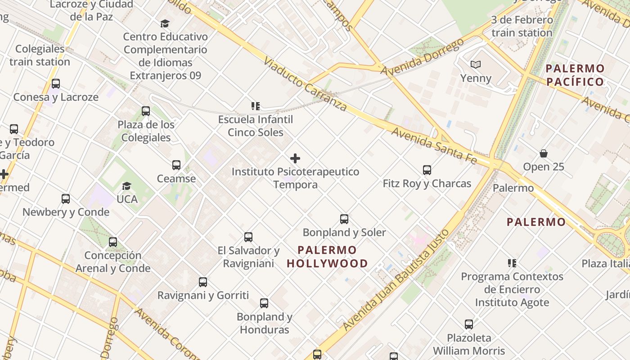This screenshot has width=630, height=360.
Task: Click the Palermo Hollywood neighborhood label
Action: click(327, 256)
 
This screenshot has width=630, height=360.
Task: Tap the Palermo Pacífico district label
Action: click(575, 75)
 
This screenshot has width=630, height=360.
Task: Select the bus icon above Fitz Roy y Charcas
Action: click(427, 170)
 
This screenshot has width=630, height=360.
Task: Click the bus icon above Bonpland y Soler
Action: click(344, 219)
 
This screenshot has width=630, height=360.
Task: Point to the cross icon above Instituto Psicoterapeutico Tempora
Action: click(295, 158)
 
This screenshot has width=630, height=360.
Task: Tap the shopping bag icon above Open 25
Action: click(544, 153)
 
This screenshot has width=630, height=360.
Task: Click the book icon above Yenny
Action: click(476, 65)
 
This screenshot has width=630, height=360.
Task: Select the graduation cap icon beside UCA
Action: click(127, 186)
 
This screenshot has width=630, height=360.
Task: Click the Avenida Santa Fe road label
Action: click(433, 145)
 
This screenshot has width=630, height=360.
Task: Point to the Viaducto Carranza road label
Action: click(305, 84)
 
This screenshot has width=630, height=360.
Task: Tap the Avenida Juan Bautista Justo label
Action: click(396, 280)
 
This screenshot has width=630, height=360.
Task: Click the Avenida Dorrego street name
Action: click(422, 57)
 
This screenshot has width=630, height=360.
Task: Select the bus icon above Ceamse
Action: click(176, 165)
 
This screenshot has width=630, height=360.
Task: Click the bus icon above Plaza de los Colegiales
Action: click(146, 111)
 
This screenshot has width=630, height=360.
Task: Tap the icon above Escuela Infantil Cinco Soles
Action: click(256, 106)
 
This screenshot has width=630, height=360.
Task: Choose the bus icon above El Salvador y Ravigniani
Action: click(248, 237)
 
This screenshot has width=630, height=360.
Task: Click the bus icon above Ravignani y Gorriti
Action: click(203, 282)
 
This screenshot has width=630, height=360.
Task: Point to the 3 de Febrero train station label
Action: click(522, 26)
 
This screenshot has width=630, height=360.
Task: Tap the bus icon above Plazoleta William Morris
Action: click(469, 324)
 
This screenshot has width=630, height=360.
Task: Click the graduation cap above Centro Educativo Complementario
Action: click(165, 23)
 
